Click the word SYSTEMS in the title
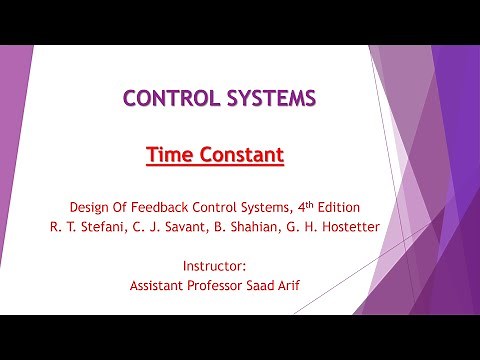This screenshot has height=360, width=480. click(270, 98)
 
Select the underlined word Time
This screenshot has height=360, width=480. click(170, 155)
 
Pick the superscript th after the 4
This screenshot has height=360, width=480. click(319, 204)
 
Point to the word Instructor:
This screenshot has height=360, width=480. click(215, 266)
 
